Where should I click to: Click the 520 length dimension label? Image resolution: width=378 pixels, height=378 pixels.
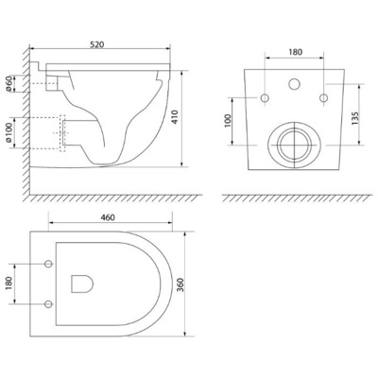[96, 44]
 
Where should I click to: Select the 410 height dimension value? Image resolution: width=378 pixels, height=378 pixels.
[175, 116]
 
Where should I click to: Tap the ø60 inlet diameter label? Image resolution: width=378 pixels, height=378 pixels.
[9, 84]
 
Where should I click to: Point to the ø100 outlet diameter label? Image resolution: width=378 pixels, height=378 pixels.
[9, 132]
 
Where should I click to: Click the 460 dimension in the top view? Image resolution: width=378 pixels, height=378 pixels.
[108, 217]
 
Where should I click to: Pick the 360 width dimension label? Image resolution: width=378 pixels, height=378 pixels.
[180, 284]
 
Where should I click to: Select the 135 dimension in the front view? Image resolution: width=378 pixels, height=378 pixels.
[355, 118]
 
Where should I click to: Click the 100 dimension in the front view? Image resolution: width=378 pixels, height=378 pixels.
[228, 121]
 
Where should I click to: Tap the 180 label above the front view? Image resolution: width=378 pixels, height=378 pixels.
[295, 52]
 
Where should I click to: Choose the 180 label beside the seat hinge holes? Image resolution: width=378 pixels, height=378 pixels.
[9, 283]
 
